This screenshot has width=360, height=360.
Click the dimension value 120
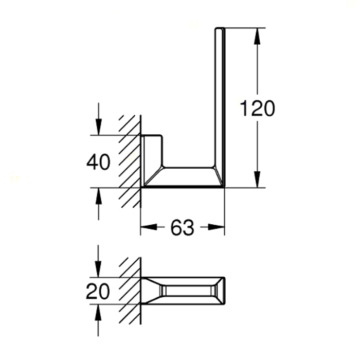click(258, 109)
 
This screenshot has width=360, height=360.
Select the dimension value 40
click(98, 162)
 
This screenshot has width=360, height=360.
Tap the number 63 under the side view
click(183, 227)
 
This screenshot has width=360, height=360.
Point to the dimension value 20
click(98, 292)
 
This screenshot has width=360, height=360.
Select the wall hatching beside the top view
click(130, 291)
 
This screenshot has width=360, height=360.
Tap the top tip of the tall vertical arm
click(220, 28)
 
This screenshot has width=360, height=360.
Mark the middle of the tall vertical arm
click(220, 98)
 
